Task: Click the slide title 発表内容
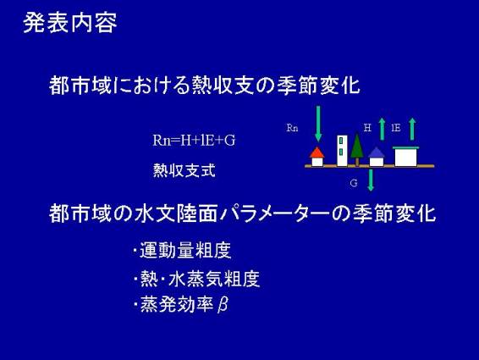(70, 23)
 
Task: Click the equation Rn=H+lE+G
(194, 141)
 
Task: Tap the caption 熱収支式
(184, 170)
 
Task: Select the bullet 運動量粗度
(185, 250)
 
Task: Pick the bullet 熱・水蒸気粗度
(200, 279)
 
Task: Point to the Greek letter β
(223, 305)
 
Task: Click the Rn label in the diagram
(292, 128)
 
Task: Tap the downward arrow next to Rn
(318, 124)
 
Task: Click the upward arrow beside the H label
(382, 129)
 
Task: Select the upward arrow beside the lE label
(412, 129)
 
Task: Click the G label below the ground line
(354, 183)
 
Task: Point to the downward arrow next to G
(371, 180)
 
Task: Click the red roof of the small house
(317, 152)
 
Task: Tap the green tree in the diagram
(357, 148)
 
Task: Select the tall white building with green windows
(342, 151)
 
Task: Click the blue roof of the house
(377, 152)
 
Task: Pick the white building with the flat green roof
(405, 157)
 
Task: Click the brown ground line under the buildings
(369, 166)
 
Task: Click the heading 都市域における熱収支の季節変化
(204, 85)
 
